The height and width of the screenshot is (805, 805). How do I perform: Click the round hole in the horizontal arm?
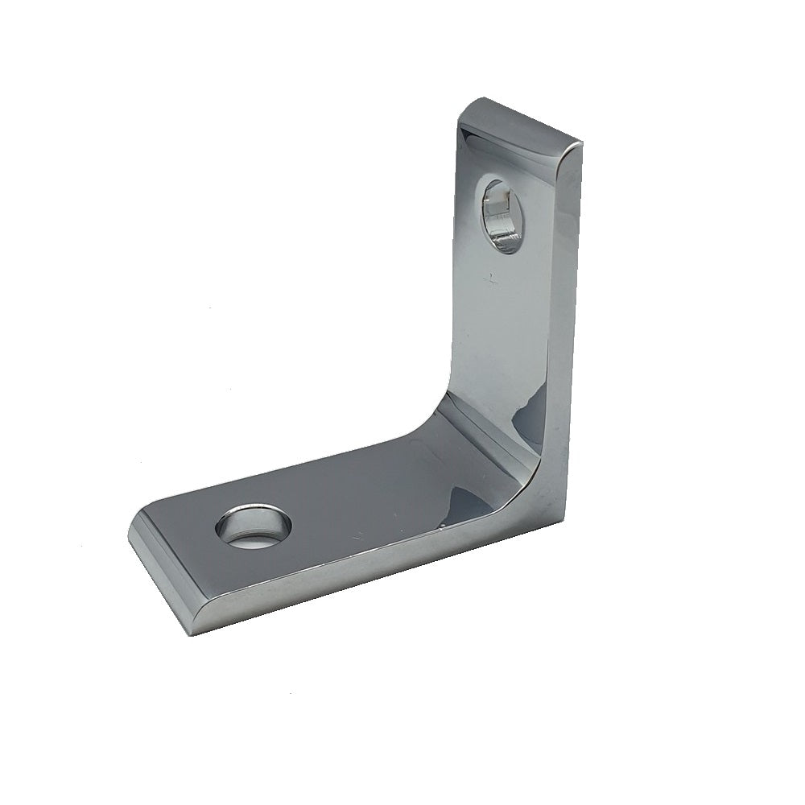(253, 527)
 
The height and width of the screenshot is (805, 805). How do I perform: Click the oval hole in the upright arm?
(503, 217)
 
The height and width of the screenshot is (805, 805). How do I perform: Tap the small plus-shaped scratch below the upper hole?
(490, 279)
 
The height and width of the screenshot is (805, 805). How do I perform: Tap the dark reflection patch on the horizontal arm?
(471, 503)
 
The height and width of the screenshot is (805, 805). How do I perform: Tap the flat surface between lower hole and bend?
(362, 491)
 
